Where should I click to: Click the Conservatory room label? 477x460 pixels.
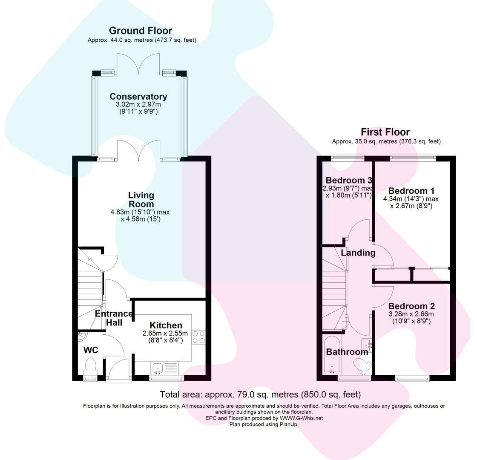[138, 97]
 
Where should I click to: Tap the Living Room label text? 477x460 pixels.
[141, 200]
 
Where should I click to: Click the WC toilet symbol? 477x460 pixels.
[91, 366]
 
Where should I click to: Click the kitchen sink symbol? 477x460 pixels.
[157, 367]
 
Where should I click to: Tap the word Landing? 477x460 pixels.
[358, 253]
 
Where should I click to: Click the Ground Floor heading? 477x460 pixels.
[141, 31]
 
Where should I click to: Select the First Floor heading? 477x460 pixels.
[385, 132]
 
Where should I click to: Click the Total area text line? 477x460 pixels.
[260, 394]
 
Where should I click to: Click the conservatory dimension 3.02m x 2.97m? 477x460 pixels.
[138, 105]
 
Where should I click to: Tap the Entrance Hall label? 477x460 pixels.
[114, 318]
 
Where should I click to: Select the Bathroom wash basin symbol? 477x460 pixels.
[367, 344]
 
